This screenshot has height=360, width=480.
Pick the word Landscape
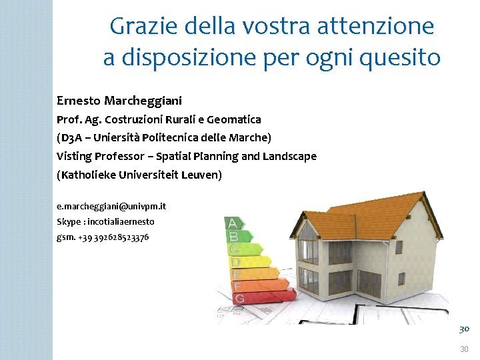tap(288, 156)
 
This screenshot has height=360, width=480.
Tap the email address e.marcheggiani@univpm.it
tap(111, 207)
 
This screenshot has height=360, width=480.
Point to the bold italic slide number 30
tap(464, 329)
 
